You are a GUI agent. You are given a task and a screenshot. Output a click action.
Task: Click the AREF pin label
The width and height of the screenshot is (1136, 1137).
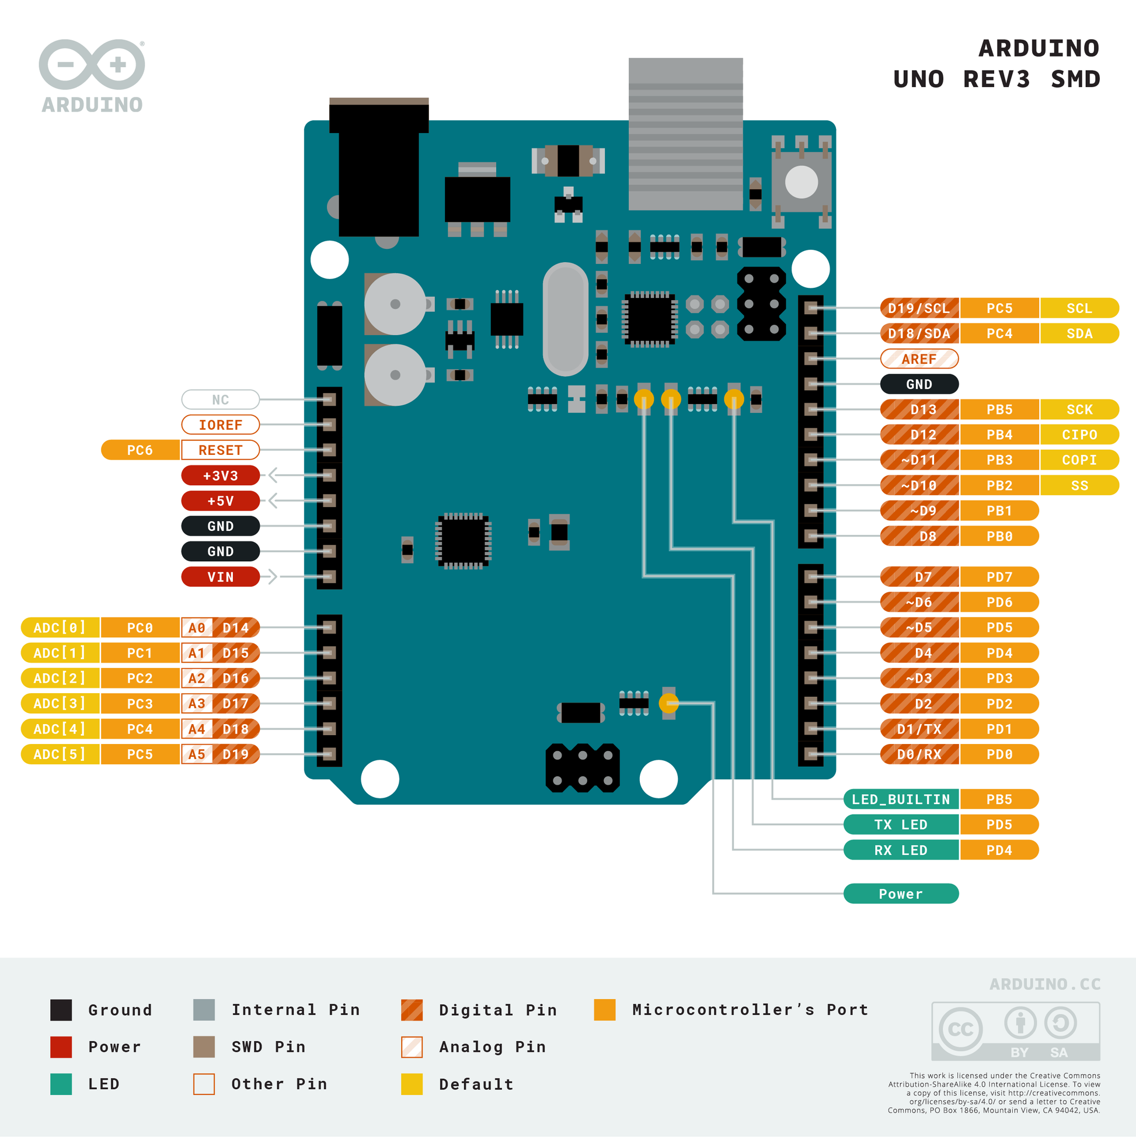(919, 359)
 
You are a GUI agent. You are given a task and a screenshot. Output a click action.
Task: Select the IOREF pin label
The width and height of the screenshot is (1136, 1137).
(221, 425)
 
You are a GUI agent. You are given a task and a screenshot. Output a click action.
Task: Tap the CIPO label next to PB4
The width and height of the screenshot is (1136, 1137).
(1079, 434)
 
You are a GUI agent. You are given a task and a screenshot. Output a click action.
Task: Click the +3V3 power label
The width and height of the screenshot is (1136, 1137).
(221, 475)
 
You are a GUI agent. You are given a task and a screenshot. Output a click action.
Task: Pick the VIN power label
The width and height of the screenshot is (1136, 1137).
(221, 577)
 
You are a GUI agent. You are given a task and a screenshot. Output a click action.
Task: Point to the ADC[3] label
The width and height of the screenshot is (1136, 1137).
(60, 703)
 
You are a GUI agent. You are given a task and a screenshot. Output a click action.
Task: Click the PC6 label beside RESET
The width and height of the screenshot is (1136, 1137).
(140, 450)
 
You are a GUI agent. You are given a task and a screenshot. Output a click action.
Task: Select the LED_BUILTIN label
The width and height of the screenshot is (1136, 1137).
(901, 799)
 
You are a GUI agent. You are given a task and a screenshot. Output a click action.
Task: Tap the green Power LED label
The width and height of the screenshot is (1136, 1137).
(901, 893)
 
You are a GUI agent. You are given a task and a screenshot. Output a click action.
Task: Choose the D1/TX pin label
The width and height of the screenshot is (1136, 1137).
(919, 729)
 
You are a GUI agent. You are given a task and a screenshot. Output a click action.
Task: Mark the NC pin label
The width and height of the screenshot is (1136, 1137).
(221, 399)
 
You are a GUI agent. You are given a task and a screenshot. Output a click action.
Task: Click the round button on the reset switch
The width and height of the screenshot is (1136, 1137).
(802, 182)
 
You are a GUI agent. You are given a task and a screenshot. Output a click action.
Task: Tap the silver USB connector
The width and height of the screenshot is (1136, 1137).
(685, 134)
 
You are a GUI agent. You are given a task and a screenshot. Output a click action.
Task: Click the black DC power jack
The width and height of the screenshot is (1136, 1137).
(379, 171)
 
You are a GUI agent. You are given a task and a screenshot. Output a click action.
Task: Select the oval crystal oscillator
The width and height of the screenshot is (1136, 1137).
(565, 319)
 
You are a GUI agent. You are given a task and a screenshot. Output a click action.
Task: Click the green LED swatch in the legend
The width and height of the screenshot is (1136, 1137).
(61, 1084)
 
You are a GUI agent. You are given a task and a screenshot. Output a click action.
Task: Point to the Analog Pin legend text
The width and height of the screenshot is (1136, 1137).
(493, 1047)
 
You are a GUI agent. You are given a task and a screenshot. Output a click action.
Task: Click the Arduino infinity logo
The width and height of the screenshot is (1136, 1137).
(92, 65)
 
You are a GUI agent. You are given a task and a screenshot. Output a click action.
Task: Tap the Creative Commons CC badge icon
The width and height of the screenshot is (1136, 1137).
(960, 1030)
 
